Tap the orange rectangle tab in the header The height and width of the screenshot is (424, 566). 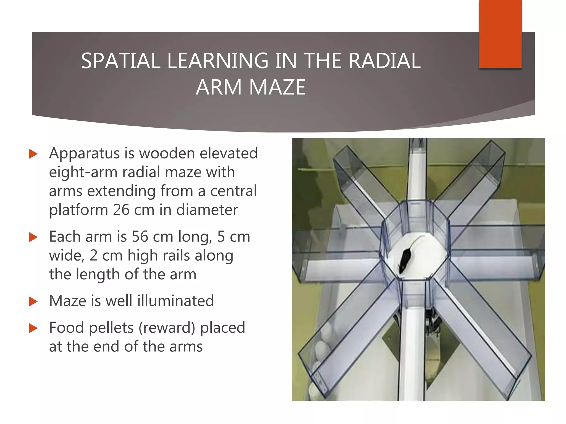500,34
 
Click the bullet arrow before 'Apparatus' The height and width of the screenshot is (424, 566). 33,154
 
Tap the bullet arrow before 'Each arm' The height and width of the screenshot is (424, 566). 33,237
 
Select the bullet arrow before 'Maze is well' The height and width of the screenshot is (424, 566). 33,301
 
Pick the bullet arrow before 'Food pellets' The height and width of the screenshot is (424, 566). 33,328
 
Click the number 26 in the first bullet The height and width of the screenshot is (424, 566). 121,210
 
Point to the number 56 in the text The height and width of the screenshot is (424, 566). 140,237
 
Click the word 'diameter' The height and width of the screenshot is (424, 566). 207,210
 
